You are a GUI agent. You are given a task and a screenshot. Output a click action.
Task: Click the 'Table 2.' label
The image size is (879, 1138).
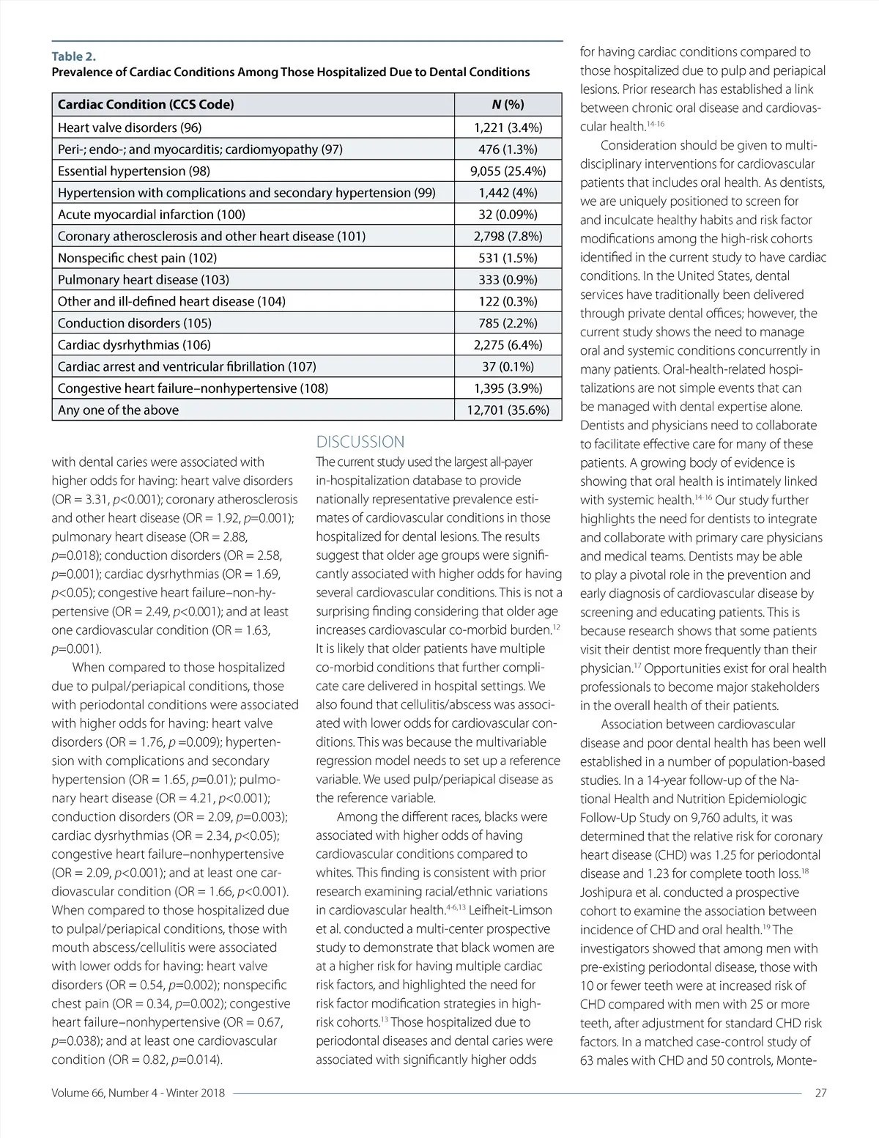point(73,56)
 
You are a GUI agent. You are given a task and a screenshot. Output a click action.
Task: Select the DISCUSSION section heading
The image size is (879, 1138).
point(360,442)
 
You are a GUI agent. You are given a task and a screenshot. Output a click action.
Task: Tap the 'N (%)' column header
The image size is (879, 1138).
point(508,104)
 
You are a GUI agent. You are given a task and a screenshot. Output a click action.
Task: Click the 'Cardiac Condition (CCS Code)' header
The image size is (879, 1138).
point(146,104)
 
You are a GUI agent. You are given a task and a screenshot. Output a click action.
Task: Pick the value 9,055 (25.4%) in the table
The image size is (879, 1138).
point(508,171)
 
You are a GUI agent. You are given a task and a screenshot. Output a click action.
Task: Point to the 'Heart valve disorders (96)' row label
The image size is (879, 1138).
point(130,128)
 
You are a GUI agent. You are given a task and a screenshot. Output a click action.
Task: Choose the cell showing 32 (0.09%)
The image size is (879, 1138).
point(508,215)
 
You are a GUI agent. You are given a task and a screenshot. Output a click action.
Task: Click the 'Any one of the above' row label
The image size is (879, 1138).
point(118,410)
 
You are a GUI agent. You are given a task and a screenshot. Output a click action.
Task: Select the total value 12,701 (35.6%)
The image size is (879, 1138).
point(508,410)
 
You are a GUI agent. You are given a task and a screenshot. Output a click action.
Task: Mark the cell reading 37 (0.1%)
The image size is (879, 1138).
point(508,366)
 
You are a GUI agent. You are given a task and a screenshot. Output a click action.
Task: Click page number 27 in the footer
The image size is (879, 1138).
point(820,1093)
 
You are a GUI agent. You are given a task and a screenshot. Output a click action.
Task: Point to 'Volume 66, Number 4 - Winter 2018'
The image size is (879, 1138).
point(138,1093)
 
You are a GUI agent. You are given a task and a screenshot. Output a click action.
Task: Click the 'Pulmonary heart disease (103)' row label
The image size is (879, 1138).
point(144,280)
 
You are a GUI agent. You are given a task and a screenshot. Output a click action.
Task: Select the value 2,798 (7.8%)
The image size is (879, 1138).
point(508,236)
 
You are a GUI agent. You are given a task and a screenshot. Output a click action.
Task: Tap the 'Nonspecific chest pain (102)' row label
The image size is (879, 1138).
point(137,258)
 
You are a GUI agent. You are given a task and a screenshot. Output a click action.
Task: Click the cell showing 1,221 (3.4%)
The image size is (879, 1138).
point(508,128)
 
